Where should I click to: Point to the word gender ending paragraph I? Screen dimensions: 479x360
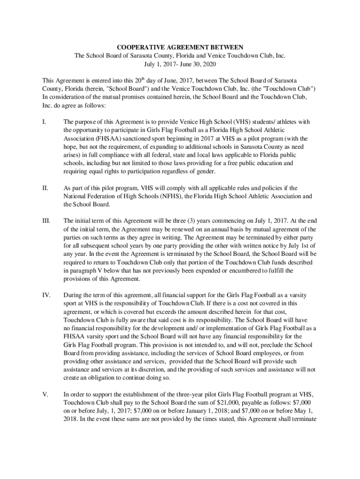205,172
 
